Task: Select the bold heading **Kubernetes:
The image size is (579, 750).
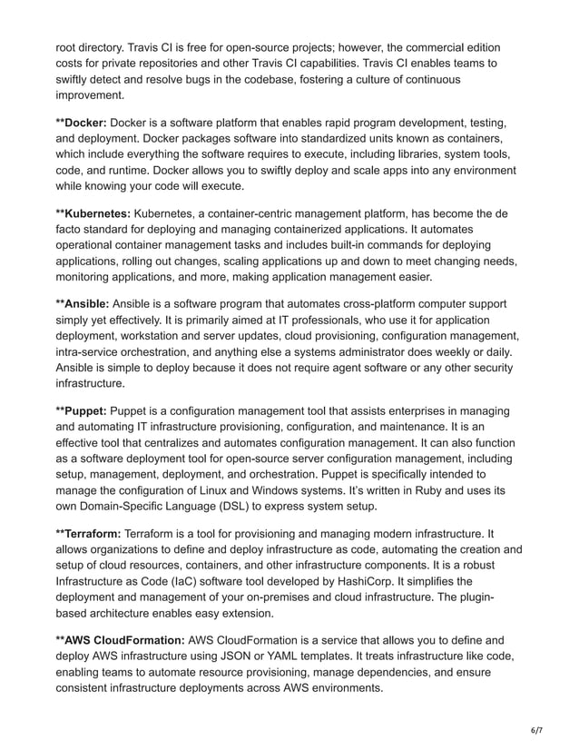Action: [x=93, y=212]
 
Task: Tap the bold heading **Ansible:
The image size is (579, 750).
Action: [x=83, y=303]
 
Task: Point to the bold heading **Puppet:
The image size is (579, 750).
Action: [x=81, y=411]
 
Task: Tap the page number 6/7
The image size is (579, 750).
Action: [x=535, y=729]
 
